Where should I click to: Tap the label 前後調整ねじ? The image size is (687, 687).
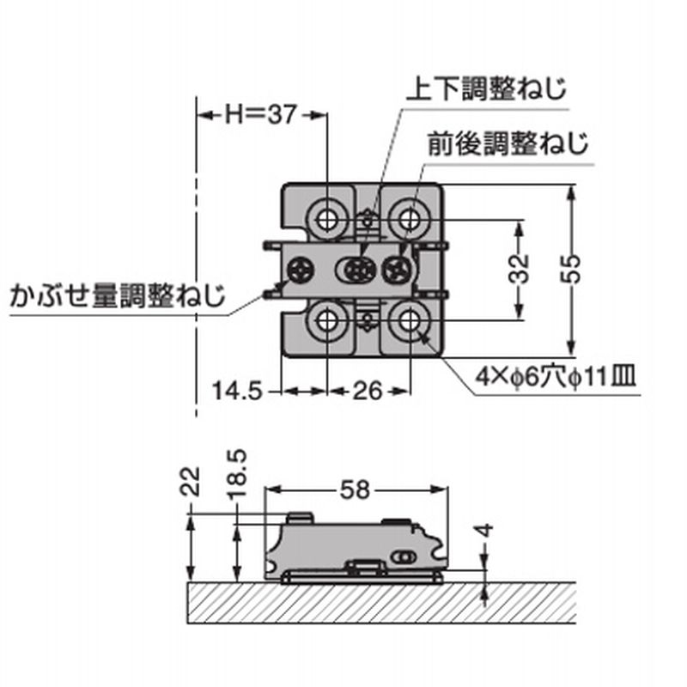point(509,143)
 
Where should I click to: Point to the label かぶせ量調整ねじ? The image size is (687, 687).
point(117,297)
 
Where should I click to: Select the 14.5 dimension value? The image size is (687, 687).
point(236,392)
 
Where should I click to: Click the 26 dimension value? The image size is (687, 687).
point(367,392)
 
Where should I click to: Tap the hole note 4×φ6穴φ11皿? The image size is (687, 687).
point(557,377)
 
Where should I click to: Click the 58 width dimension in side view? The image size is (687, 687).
point(355,490)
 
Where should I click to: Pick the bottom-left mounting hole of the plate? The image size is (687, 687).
point(327,321)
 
